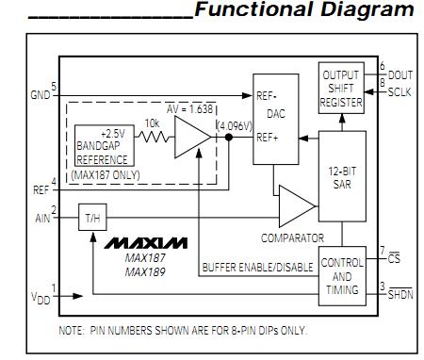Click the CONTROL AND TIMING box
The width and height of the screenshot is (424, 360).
[342, 276]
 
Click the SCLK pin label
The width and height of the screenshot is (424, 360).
[401, 90]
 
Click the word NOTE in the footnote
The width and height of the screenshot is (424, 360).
[72, 330]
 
